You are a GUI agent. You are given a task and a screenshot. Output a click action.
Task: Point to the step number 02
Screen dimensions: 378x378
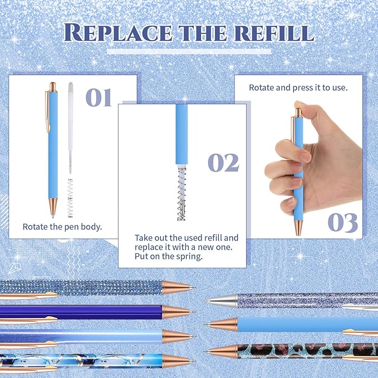point(223,163)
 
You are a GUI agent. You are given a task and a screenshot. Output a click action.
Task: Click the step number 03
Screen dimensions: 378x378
point(342,222)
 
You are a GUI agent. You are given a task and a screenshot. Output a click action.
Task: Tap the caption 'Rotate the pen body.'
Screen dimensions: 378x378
point(62,227)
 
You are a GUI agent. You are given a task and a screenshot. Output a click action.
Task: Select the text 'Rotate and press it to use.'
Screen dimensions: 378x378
point(298,87)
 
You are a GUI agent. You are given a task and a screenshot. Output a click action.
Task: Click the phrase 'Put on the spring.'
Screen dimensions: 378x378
point(168,257)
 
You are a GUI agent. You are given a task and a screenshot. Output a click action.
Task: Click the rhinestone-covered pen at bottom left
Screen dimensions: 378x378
point(84,287)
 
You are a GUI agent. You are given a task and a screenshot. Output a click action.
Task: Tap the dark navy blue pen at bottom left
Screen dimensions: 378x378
point(84,312)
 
